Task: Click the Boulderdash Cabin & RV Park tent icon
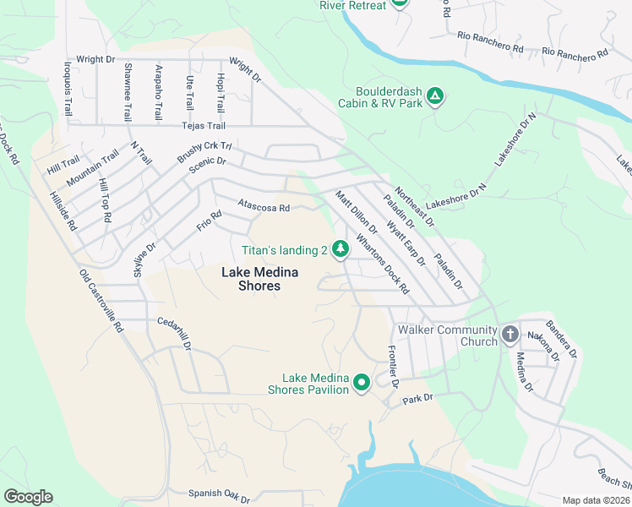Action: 434,95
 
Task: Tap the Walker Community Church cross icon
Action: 509,335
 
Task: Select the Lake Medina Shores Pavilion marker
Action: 362,384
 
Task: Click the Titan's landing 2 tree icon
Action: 340,249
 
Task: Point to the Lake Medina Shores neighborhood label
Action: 262,279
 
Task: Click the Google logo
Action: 28,497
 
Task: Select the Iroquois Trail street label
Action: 68,89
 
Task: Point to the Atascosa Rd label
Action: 264,206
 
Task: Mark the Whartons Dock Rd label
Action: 382,263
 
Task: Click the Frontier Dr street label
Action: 392,364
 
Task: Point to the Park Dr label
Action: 417,398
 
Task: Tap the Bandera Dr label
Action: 560,338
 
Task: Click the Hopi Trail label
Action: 220,93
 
